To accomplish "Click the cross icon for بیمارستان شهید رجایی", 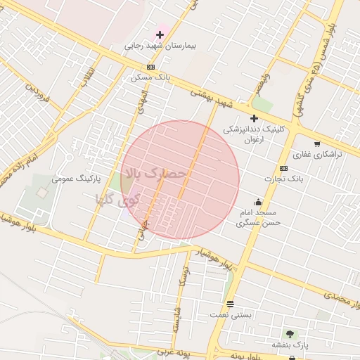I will click(160, 34).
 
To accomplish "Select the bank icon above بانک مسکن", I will click(150, 67).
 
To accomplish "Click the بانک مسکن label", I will click(150, 77).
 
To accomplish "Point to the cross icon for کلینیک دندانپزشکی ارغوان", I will click(254, 118).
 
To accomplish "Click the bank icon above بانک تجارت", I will click(283, 168).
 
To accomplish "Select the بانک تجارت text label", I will click(284, 179).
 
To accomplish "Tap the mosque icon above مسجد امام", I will click(259, 202).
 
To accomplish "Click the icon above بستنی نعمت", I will click(230, 304).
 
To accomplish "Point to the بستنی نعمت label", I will click(230, 314).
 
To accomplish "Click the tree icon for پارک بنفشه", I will click(290, 333).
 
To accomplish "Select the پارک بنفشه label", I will click(290, 345).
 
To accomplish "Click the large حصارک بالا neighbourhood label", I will click(156, 173).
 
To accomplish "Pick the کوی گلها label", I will click(118, 199).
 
